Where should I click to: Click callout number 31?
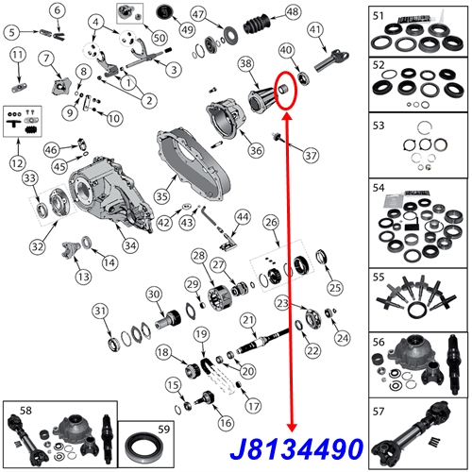(98, 312)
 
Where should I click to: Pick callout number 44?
(243, 217)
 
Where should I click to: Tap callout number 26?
(272, 223)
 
